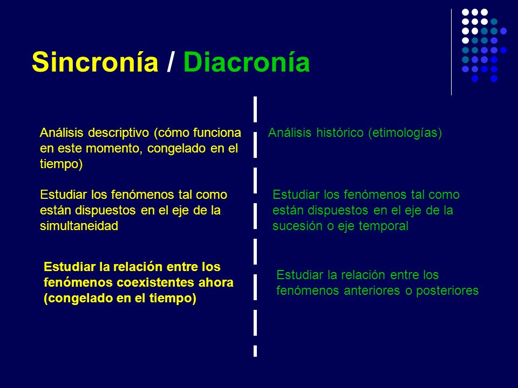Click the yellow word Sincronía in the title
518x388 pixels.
(95, 63)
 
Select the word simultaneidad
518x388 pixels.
(79, 226)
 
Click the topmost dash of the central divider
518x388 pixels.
(255, 109)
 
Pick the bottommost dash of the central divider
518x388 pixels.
(255, 351)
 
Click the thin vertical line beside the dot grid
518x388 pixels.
(452, 52)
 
